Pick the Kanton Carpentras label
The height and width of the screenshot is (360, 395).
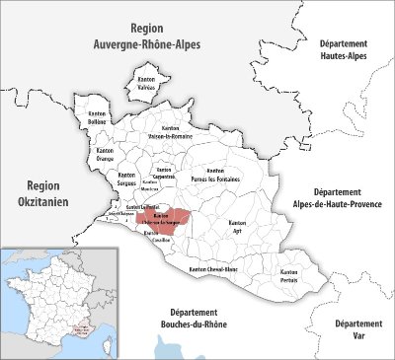click(x=165, y=174)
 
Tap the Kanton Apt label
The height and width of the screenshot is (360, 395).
click(x=237, y=228)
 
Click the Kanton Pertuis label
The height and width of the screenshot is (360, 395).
click(x=288, y=274)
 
